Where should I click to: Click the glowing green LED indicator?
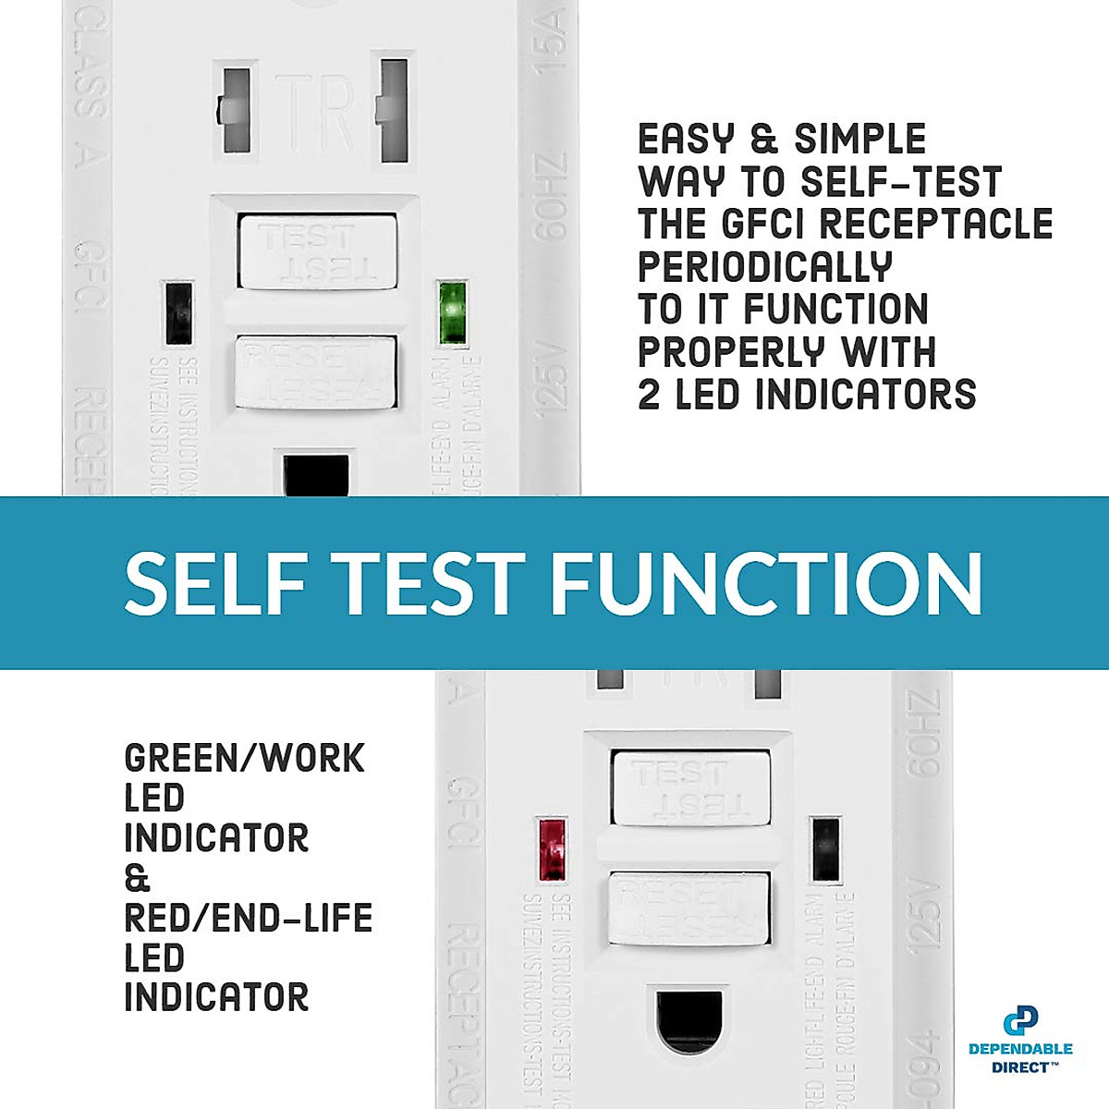tap(453, 313)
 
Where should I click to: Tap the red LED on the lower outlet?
tap(553, 848)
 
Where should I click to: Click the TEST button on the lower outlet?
tap(690, 786)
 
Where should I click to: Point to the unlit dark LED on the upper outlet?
tap(178, 312)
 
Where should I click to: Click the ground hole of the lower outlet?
tap(689, 1022)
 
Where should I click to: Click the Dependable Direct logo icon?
tap(1020, 1021)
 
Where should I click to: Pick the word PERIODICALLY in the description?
tap(765, 267)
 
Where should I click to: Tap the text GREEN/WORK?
tap(245, 759)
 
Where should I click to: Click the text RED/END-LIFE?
tap(249, 919)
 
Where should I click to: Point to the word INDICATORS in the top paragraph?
tap(865, 395)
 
